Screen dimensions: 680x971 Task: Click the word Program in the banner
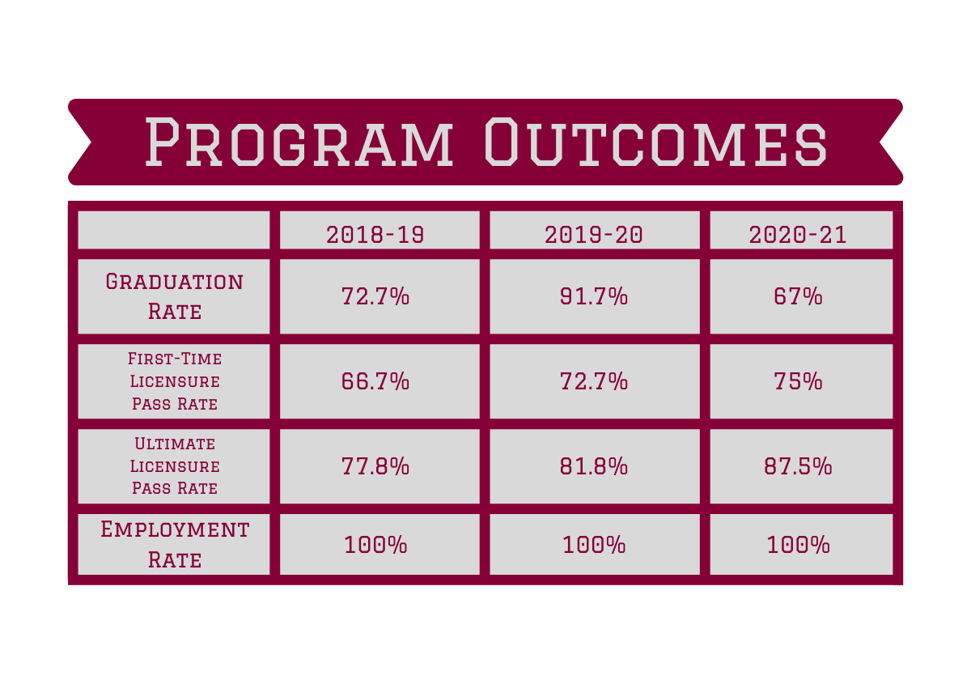[300, 142]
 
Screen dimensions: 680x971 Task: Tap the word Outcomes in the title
[655, 142]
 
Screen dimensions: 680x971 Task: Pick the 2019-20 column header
[594, 235]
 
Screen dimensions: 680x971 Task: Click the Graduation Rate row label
[174, 296]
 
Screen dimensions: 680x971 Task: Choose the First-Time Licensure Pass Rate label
[174, 380]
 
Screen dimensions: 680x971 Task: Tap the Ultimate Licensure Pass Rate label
[174, 466]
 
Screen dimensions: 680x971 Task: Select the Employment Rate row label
[174, 544]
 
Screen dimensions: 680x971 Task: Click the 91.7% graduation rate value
[594, 297]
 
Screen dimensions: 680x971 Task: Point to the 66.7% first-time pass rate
[375, 381]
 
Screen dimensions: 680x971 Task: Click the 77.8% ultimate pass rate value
[375, 467]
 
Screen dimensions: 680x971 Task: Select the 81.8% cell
[594, 467]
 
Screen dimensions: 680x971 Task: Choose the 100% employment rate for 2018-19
[375, 545]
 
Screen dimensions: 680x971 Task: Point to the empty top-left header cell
[173, 230]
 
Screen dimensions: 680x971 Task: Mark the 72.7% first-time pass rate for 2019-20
[594, 381]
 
